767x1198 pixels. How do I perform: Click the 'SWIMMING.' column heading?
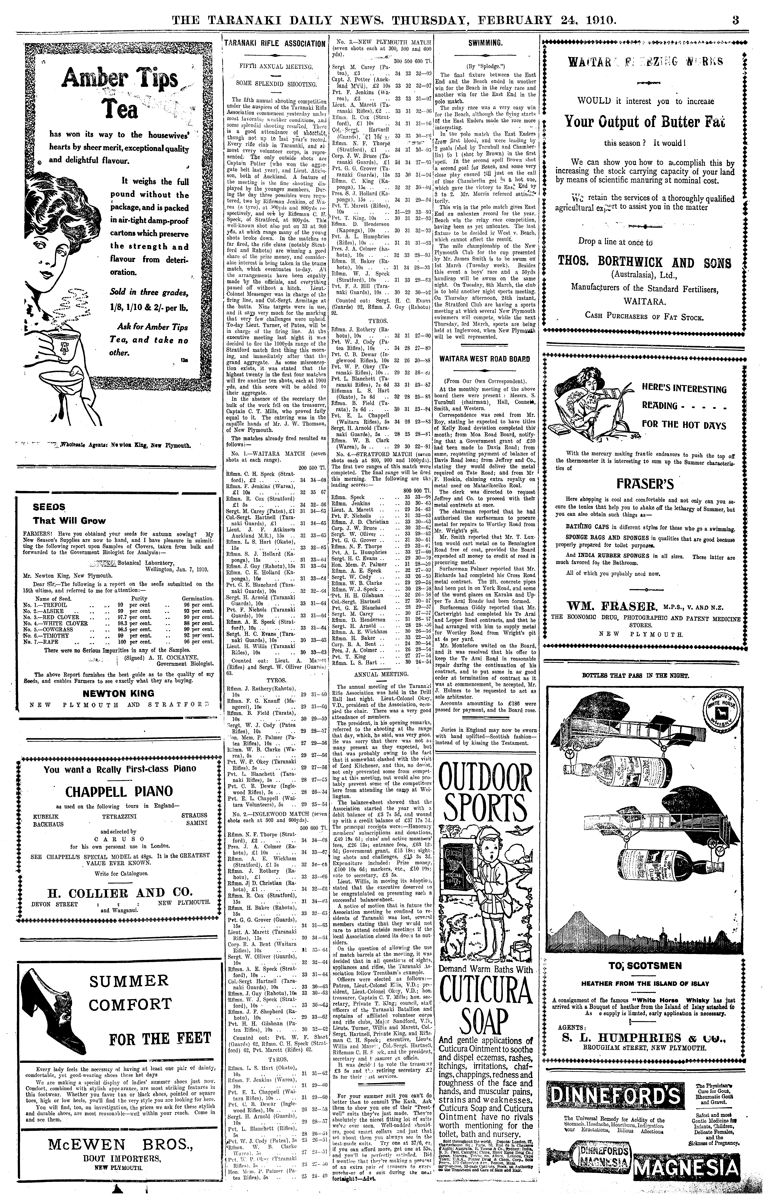[484, 43]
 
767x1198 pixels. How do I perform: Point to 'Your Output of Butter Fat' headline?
[644, 121]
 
